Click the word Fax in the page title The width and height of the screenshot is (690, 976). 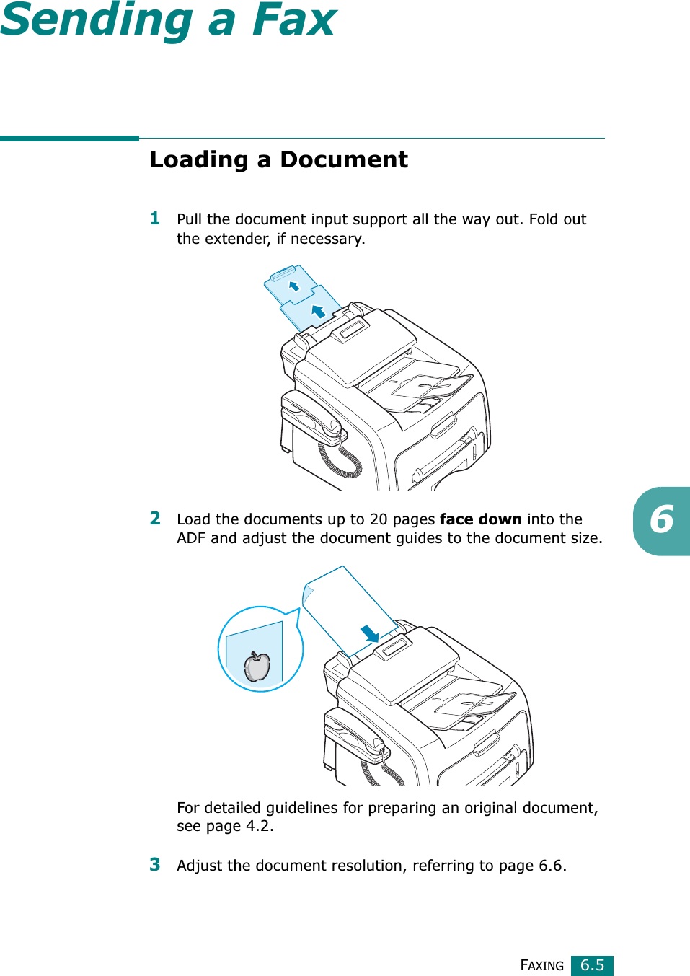pyautogui.click(x=294, y=19)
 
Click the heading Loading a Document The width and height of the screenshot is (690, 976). pyautogui.click(x=278, y=159)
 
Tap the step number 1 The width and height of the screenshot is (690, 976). pyautogui.click(x=155, y=218)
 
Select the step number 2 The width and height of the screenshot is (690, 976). pyautogui.click(x=155, y=518)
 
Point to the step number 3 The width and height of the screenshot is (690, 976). pyautogui.click(x=155, y=864)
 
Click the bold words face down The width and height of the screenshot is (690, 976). pyautogui.click(x=480, y=519)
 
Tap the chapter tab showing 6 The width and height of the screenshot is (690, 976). pyautogui.click(x=662, y=521)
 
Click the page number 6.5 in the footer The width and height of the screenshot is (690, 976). pyautogui.click(x=592, y=965)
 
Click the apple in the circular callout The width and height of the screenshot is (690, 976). pyautogui.click(x=257, y=667)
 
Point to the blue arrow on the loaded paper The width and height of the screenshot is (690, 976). pyautogui.click(x=370, y=633)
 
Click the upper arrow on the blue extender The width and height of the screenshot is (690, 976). pyautogui.click(x=294, y=286)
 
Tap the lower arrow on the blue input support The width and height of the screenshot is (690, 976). pyautogui.click(x=318, y=311)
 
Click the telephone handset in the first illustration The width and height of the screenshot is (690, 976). pyautogui.click(x=311, y=417)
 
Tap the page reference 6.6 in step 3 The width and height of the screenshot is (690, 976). pyautogui.click(x=551, y=866)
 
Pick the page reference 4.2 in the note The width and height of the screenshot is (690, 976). pyautogui.click(x=258, y=826)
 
